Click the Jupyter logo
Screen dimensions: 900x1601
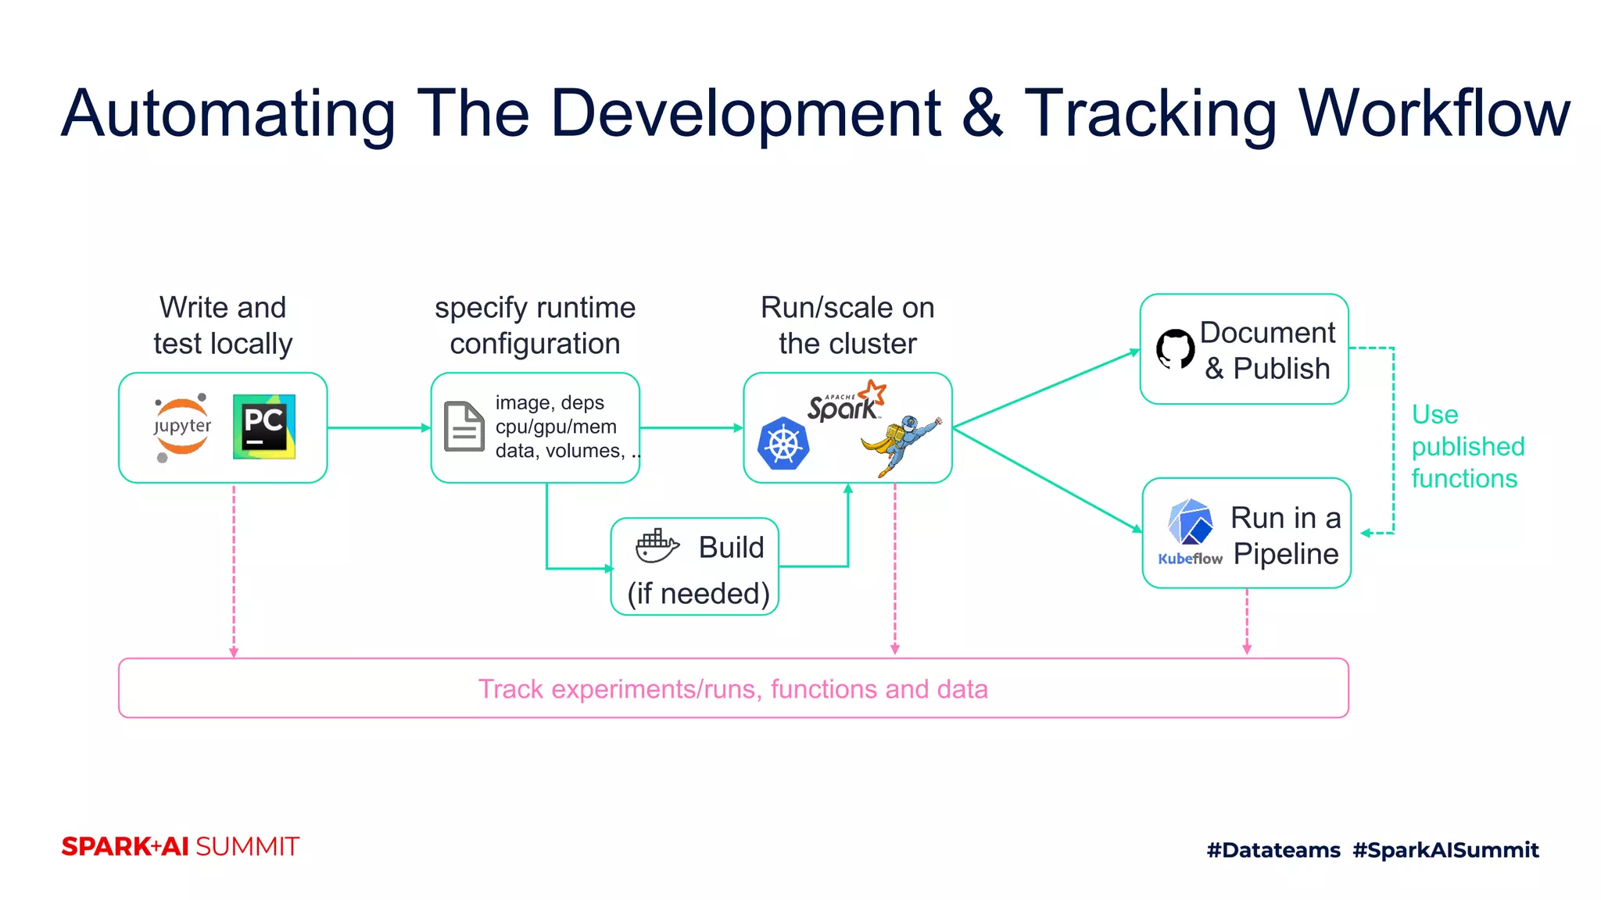click(x=182, y=427)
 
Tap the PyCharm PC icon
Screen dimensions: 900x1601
click(x=264, y=427)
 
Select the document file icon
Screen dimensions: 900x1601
click(x=464, y=427)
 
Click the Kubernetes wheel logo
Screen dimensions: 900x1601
click(x=783, y=444)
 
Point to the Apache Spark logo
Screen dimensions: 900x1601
click(x=847, y=402)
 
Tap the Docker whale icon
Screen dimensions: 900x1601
click(x=657, y=545)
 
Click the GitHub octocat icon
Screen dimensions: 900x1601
click(x=1175, y=349)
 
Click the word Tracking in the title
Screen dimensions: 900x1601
click(x=1149, y=113)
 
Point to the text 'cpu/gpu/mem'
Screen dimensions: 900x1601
click(x=556, y=427)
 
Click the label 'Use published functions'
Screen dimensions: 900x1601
click(x=1467, y=446)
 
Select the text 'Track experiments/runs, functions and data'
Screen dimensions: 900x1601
click(x=732, y=689)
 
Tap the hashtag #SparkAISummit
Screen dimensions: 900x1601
click(x=1445, y=849)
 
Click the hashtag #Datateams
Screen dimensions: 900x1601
click(x=1273, y=849)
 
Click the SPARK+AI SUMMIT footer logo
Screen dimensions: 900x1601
click(x=180, y=846)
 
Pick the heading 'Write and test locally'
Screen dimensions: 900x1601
click(x=223, y=325)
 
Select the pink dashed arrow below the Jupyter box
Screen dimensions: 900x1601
click(x=234, y=570)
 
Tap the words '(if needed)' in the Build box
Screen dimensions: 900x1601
click(x=698, y=594)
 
